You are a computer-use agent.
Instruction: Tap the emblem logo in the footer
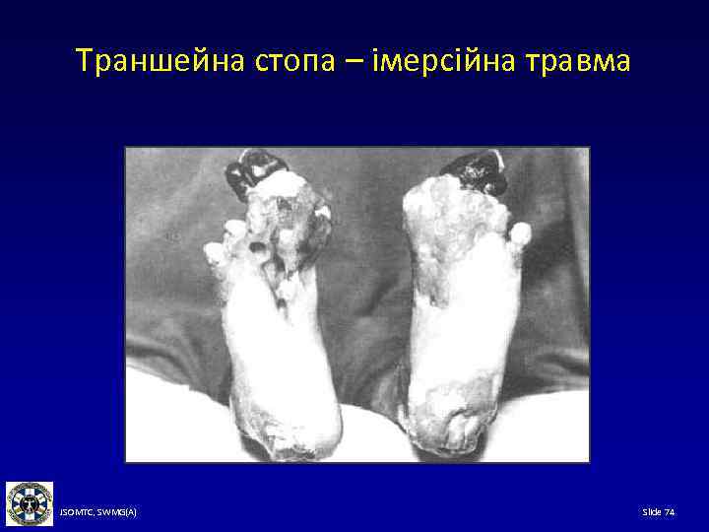coord(30,504)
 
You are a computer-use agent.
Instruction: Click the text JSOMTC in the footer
coord(77,512)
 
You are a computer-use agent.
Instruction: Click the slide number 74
coord(670,512)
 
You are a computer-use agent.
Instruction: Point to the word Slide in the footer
coord(652,512)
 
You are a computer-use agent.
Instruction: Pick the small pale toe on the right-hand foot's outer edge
coord(520,234)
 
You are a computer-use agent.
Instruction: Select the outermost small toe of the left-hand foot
coord(213,252)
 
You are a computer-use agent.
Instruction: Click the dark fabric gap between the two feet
coord(364,296)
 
